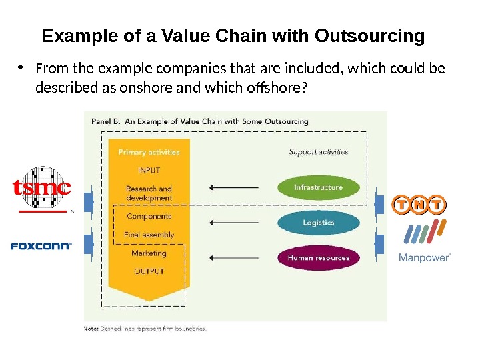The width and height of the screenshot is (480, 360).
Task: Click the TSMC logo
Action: [x=41, y=189]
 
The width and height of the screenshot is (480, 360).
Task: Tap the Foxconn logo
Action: [x=41, y=246]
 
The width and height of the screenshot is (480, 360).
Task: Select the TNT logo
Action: [x=419, y=204]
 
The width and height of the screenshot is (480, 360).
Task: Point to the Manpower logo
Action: [x=425, y=243]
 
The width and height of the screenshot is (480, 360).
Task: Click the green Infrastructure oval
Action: [x=318, y=187]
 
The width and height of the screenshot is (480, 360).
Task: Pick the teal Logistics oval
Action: [x=318, y=222]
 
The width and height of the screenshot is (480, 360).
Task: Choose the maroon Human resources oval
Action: [x=318, y=257]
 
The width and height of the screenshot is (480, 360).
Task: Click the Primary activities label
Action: [x=149, y=152]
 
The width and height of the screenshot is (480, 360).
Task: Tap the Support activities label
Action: [x=319, y=152]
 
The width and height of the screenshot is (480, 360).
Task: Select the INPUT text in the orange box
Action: [x=149, y=170]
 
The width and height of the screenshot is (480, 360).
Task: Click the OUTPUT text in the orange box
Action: [x=149, y=271]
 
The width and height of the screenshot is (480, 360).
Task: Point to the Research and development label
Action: [x=149, y=193]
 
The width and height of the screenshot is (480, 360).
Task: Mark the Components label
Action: [x=149, y=216]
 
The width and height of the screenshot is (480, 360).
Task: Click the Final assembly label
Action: [x=149, y=235]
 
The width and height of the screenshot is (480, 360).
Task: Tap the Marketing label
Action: [x=149, y=253]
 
